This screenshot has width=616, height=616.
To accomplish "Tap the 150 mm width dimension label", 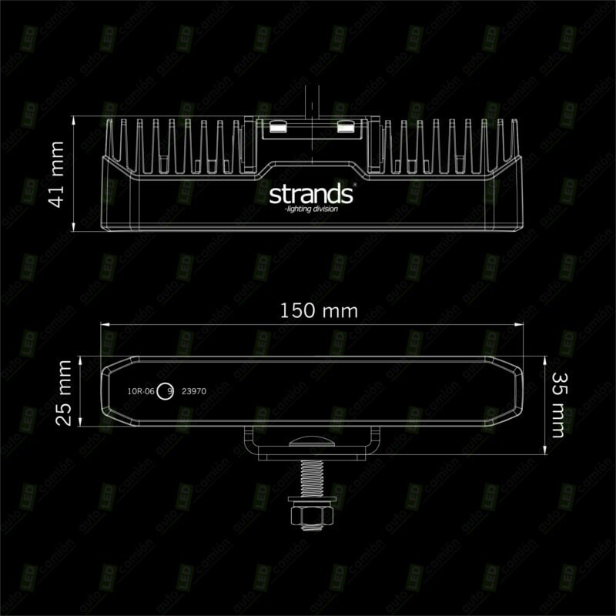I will [x=308, y=311].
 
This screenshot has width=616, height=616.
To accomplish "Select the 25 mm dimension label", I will [x=65, y=391].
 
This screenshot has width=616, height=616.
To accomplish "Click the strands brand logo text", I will [x=310, y=194].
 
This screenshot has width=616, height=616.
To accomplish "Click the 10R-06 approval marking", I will [x=142, y=391].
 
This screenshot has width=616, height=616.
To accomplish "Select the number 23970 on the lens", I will [x=193, y=391].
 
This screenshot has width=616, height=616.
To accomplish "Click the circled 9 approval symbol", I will [x=169, y=391].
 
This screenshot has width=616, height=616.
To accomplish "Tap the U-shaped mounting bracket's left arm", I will [x=253, y=442].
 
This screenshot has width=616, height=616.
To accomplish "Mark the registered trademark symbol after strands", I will [x=353, y=186].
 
